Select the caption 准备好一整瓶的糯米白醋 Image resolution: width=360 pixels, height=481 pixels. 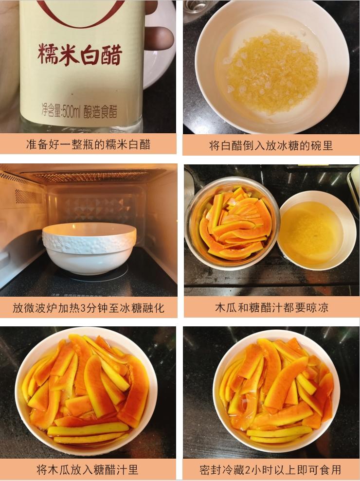click(x=89, y=144)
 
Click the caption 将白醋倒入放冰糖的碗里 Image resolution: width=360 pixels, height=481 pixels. click(x=270, y=145)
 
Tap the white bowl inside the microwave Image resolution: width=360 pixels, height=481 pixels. click(x=90, y=248)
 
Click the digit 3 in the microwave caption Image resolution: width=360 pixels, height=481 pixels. click(x=83, y=308)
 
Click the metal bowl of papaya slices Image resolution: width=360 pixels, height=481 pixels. click(x=232, y=223)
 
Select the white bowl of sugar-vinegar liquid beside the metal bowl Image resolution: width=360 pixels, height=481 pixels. click(x=316, y=230)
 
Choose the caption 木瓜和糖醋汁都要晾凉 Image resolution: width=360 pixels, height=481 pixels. click(x=271, y=307)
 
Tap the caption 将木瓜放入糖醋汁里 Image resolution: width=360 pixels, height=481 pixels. click(x=88, y=469)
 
